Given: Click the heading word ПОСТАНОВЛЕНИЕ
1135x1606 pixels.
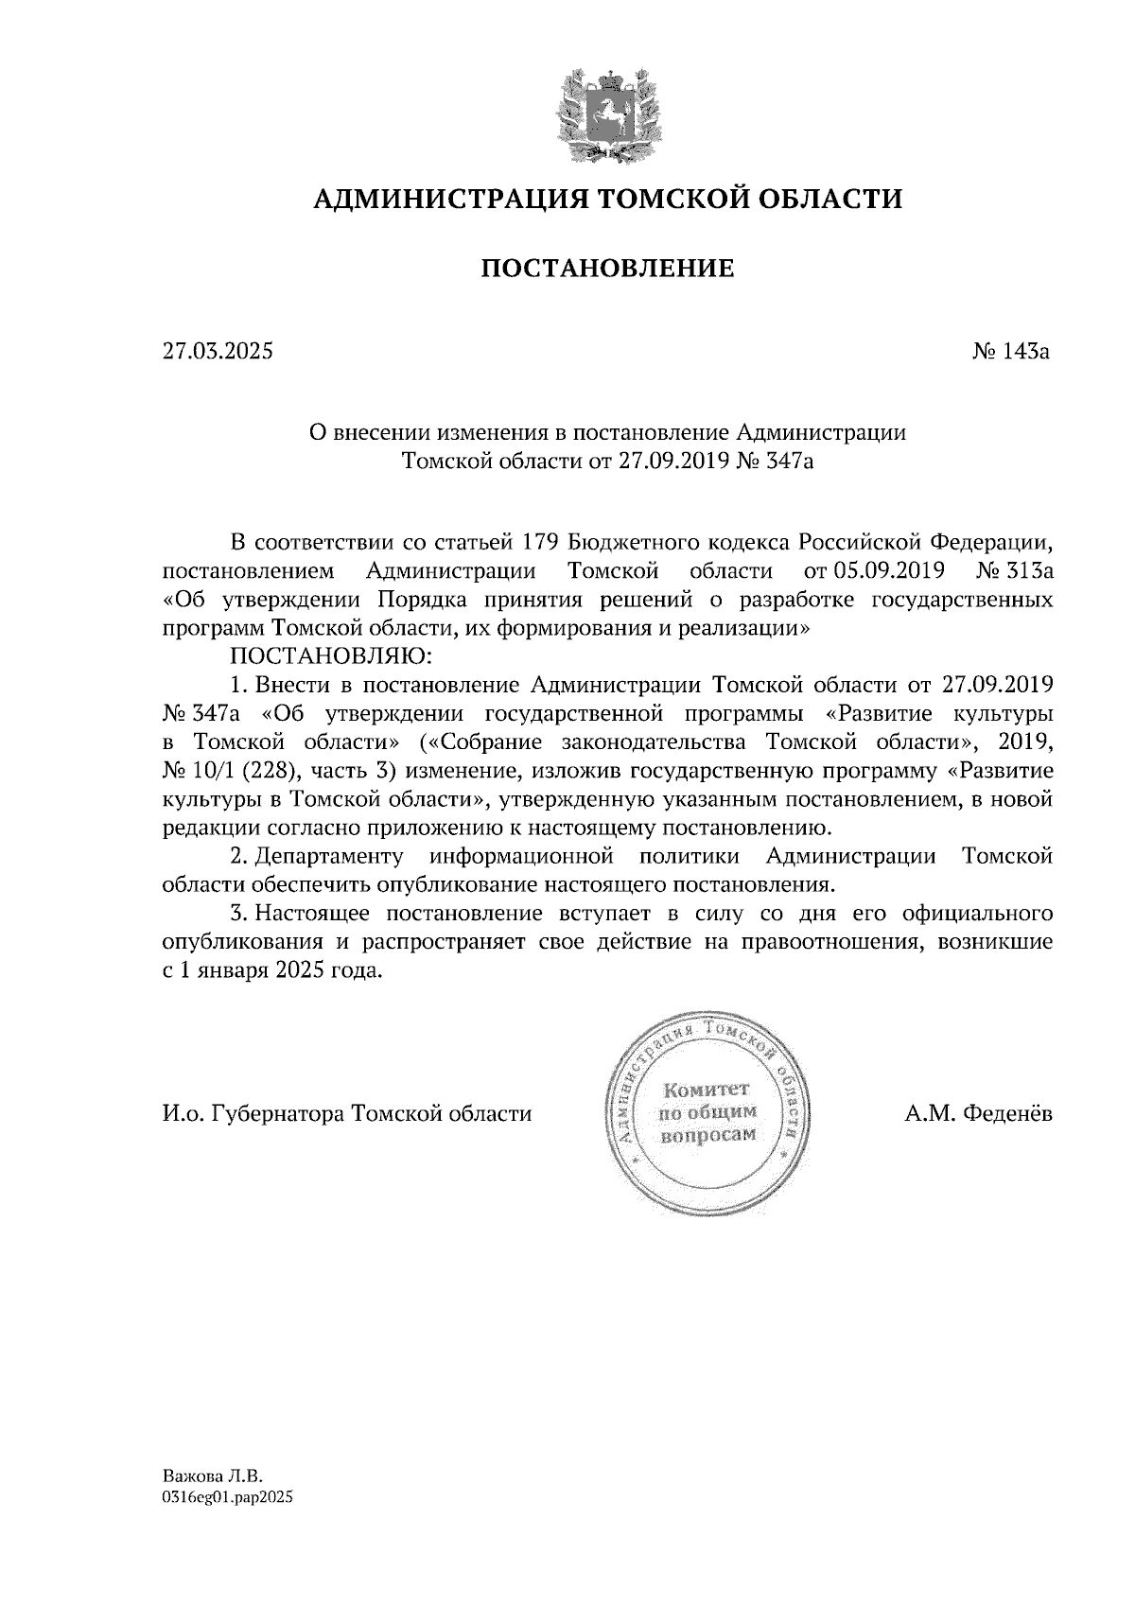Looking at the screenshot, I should coord(608,269).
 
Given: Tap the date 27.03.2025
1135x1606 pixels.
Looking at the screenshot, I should coord(218,352).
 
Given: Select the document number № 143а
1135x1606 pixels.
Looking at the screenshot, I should coord(1011,352).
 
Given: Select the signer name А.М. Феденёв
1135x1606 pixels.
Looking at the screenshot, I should coord(978,1113).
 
